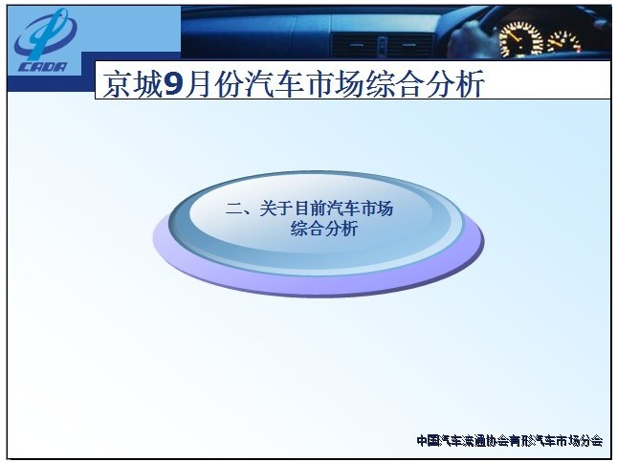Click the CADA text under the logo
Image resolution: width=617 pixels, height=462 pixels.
[x=43, y=67]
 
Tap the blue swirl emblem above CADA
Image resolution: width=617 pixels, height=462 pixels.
[x=46, y=33]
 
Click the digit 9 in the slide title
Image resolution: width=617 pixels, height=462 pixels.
[x=173, y=84]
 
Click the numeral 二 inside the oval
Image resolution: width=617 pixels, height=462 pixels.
[x=233, y=209]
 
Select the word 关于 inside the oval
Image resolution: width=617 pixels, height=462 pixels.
[x=275, y=209]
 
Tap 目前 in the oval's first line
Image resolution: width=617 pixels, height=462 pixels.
[x=309, y=209]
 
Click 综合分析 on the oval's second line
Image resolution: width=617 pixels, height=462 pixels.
[x=324, y=229]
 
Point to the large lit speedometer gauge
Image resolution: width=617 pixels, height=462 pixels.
[x=520, y=39]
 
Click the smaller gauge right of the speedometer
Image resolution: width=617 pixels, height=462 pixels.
[x=563, y=42]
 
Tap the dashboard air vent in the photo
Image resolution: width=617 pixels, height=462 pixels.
[x=382, y=46]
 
